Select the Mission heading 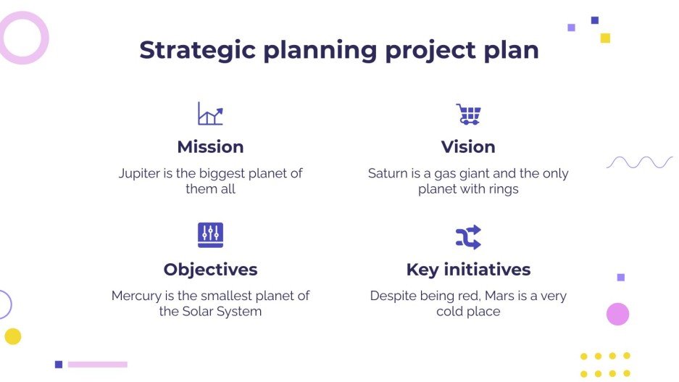click(x=210, y=146)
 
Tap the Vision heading click(x=468, y=146)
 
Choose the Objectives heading click(x=210, y=270)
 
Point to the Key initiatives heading click(x=468, y=270)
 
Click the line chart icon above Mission click(x=210, y=114)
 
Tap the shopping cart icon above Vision click(x=468, y=114)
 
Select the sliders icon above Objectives click(x=210, y=235)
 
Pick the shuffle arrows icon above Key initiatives click(x=468, y=237)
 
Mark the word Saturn click(x=389, y=174)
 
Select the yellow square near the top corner click(x=605, y=38)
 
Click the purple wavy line click(x=639, y=162)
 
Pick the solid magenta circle click(x=617, y=314)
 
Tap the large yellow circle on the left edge click(x=13, y=336)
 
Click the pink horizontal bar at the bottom click(x=98, y=365)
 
